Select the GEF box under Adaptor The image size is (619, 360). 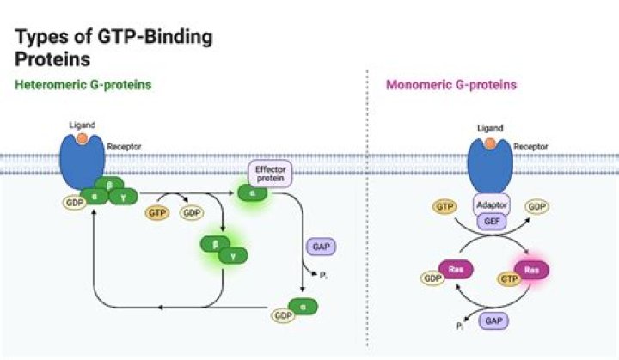[493, 220]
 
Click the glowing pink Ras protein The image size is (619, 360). [532, 269]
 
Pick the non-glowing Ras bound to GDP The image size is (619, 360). [456, 269]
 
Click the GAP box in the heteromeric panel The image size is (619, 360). [320, 246]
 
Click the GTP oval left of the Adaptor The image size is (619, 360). [445, 207]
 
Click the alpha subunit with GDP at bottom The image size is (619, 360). [302, 305]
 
